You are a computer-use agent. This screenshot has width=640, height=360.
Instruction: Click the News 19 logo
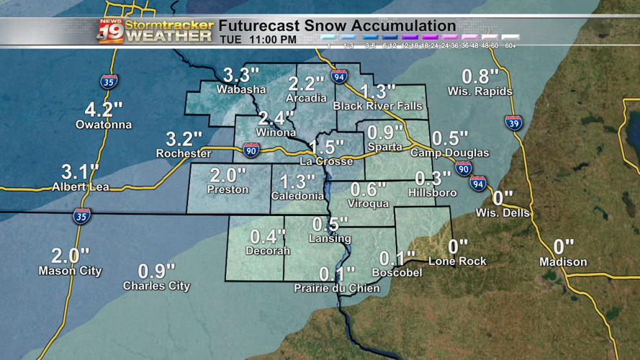110,31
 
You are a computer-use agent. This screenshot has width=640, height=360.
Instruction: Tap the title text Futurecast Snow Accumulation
337,26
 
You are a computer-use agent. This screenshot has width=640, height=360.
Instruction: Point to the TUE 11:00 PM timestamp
257,40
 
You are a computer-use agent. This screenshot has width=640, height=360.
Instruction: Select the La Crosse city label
326,161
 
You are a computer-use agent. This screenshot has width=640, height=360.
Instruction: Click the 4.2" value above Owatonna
104,109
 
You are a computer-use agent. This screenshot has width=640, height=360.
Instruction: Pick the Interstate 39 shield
513,123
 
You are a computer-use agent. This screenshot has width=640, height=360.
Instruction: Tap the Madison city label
563,261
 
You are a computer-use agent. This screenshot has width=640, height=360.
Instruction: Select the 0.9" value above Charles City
156,271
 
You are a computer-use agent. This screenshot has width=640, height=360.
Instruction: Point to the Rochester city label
184,153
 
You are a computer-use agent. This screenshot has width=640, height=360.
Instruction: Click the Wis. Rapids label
479,91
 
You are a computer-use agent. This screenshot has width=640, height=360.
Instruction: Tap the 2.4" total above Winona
276,117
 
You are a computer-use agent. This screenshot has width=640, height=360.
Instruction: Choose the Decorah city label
267,251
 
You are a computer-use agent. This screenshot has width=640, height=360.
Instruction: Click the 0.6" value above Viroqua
364,189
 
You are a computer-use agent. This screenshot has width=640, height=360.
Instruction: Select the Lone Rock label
457,261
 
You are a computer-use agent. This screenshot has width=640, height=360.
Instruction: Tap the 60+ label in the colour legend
510,45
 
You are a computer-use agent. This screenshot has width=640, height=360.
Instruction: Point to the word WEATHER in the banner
169,36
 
